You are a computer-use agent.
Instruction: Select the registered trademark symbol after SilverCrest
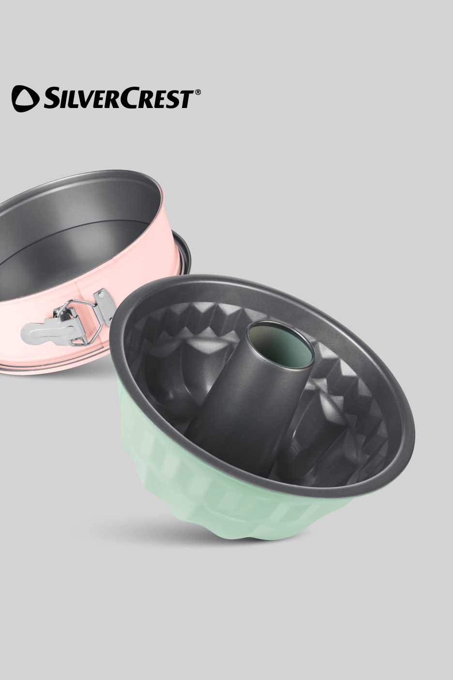(197, 93)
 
